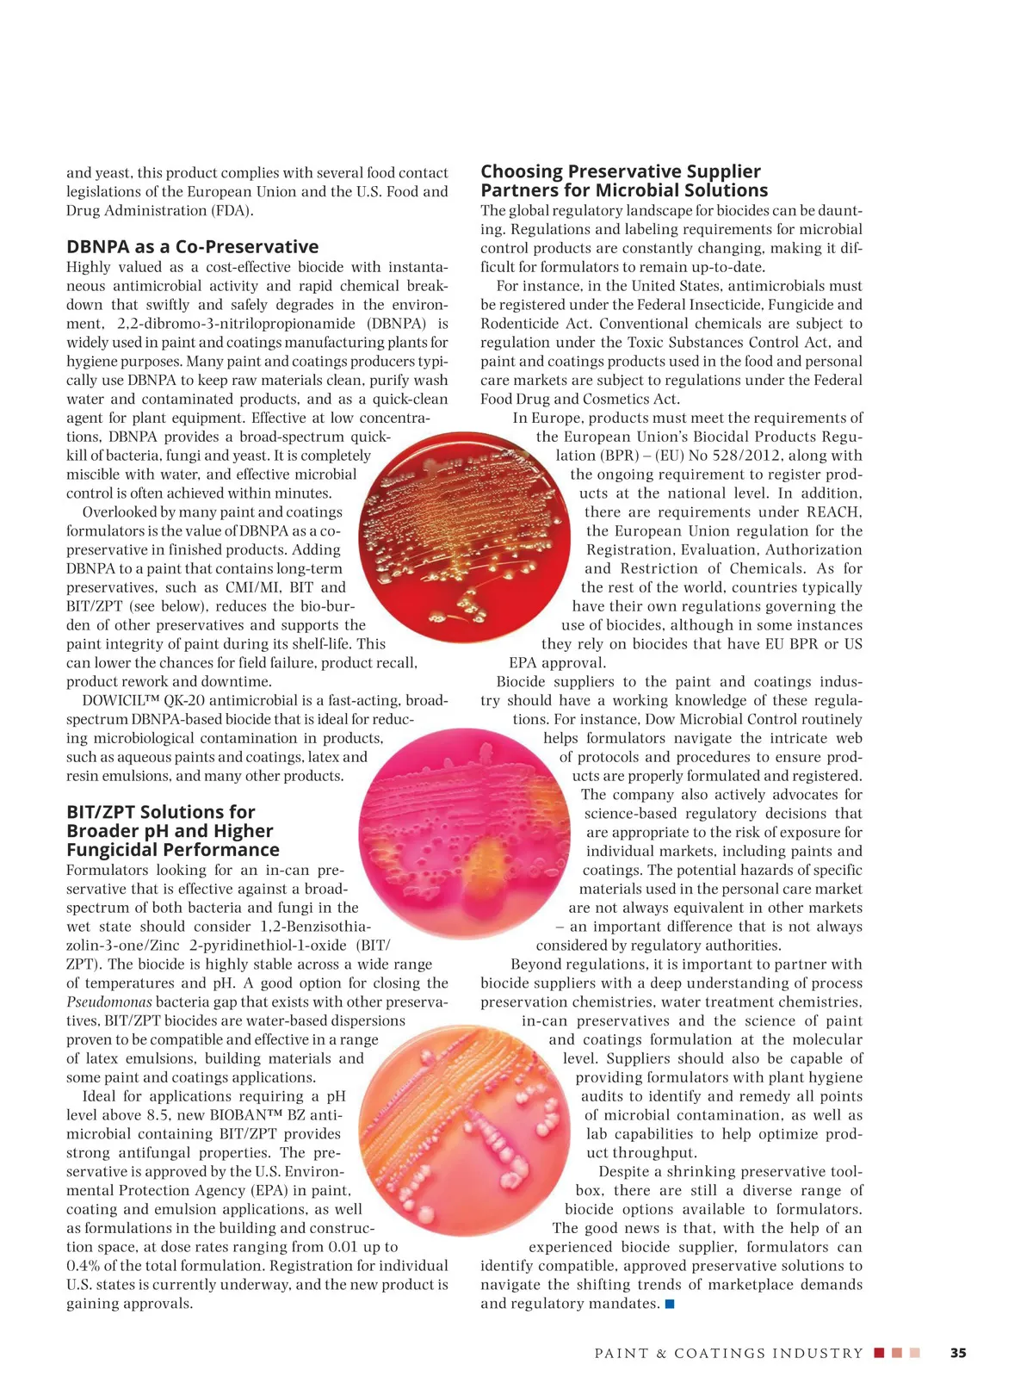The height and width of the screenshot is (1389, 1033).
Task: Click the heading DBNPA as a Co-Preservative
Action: pos(192,247)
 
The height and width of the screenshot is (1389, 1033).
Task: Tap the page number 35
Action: pos(958,1353)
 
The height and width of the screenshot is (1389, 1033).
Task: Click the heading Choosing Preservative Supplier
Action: pos(620,171)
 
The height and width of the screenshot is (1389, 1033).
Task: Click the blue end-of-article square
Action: pos(670,1304)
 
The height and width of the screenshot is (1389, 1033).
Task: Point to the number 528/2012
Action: pos(744,456)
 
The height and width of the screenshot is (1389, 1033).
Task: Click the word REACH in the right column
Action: pos(834,512)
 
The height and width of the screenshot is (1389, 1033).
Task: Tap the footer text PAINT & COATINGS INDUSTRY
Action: pos(728,1354)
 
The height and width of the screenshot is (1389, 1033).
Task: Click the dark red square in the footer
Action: pos(879,1353)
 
